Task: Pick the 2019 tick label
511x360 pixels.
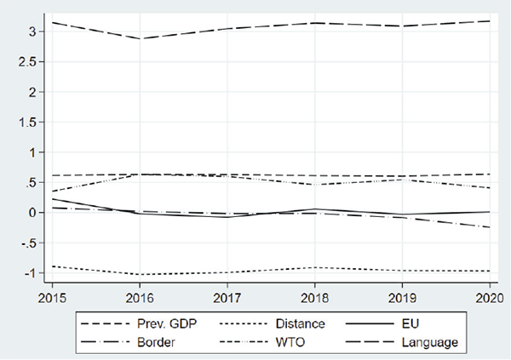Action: pos(400,299)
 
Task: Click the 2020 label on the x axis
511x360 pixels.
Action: pos(487,299)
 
